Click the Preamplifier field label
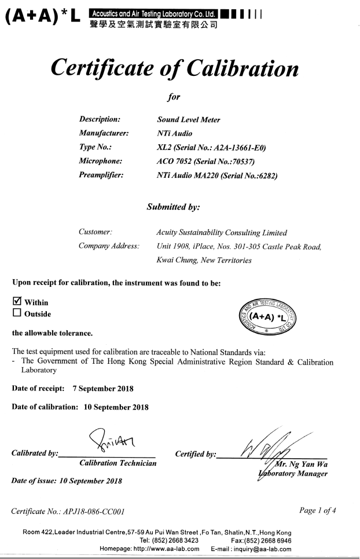click(102, 175)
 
